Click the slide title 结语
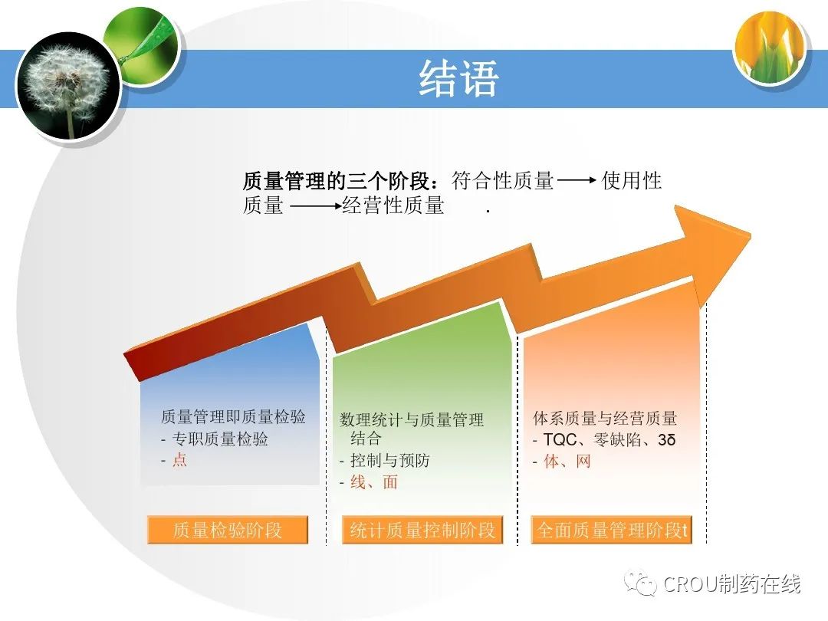458,78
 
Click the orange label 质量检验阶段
228,530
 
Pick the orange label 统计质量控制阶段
422,530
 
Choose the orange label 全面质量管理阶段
611,530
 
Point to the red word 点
179,460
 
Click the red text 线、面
374,482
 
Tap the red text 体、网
567,461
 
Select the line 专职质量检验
220,439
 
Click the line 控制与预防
389,461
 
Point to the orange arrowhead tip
750,233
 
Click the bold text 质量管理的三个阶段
336,181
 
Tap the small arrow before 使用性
577,181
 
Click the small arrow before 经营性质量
316,206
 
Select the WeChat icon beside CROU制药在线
640,583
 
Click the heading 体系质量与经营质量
605,419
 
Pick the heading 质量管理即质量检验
233,416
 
